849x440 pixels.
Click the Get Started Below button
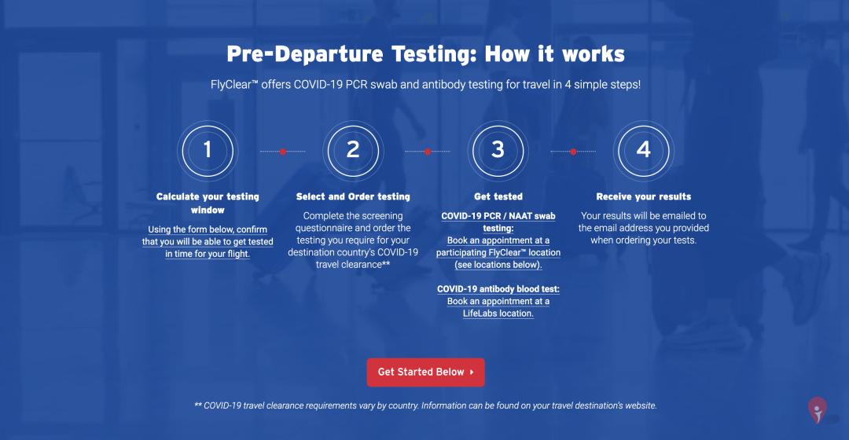click(425, 372)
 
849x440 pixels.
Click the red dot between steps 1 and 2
click(283, 152)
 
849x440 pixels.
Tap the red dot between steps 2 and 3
click(428, 152)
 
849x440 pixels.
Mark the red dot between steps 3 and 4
click(573, 152)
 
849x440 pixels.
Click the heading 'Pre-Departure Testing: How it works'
click(425, 54)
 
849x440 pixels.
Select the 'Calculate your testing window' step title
click(208, 203)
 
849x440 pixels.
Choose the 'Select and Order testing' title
click(353, 196)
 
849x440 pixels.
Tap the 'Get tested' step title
click(498, 196)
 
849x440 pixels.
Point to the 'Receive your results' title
click(643, 196)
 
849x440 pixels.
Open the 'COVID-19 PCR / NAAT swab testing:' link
click(498, 222)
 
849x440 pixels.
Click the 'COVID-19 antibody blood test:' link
click(498, 289)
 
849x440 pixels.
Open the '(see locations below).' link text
click(498, 265)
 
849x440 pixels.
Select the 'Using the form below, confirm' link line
click(208, 229)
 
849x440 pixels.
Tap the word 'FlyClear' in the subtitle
click(231, 85)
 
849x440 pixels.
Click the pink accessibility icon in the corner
click(818, 409)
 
